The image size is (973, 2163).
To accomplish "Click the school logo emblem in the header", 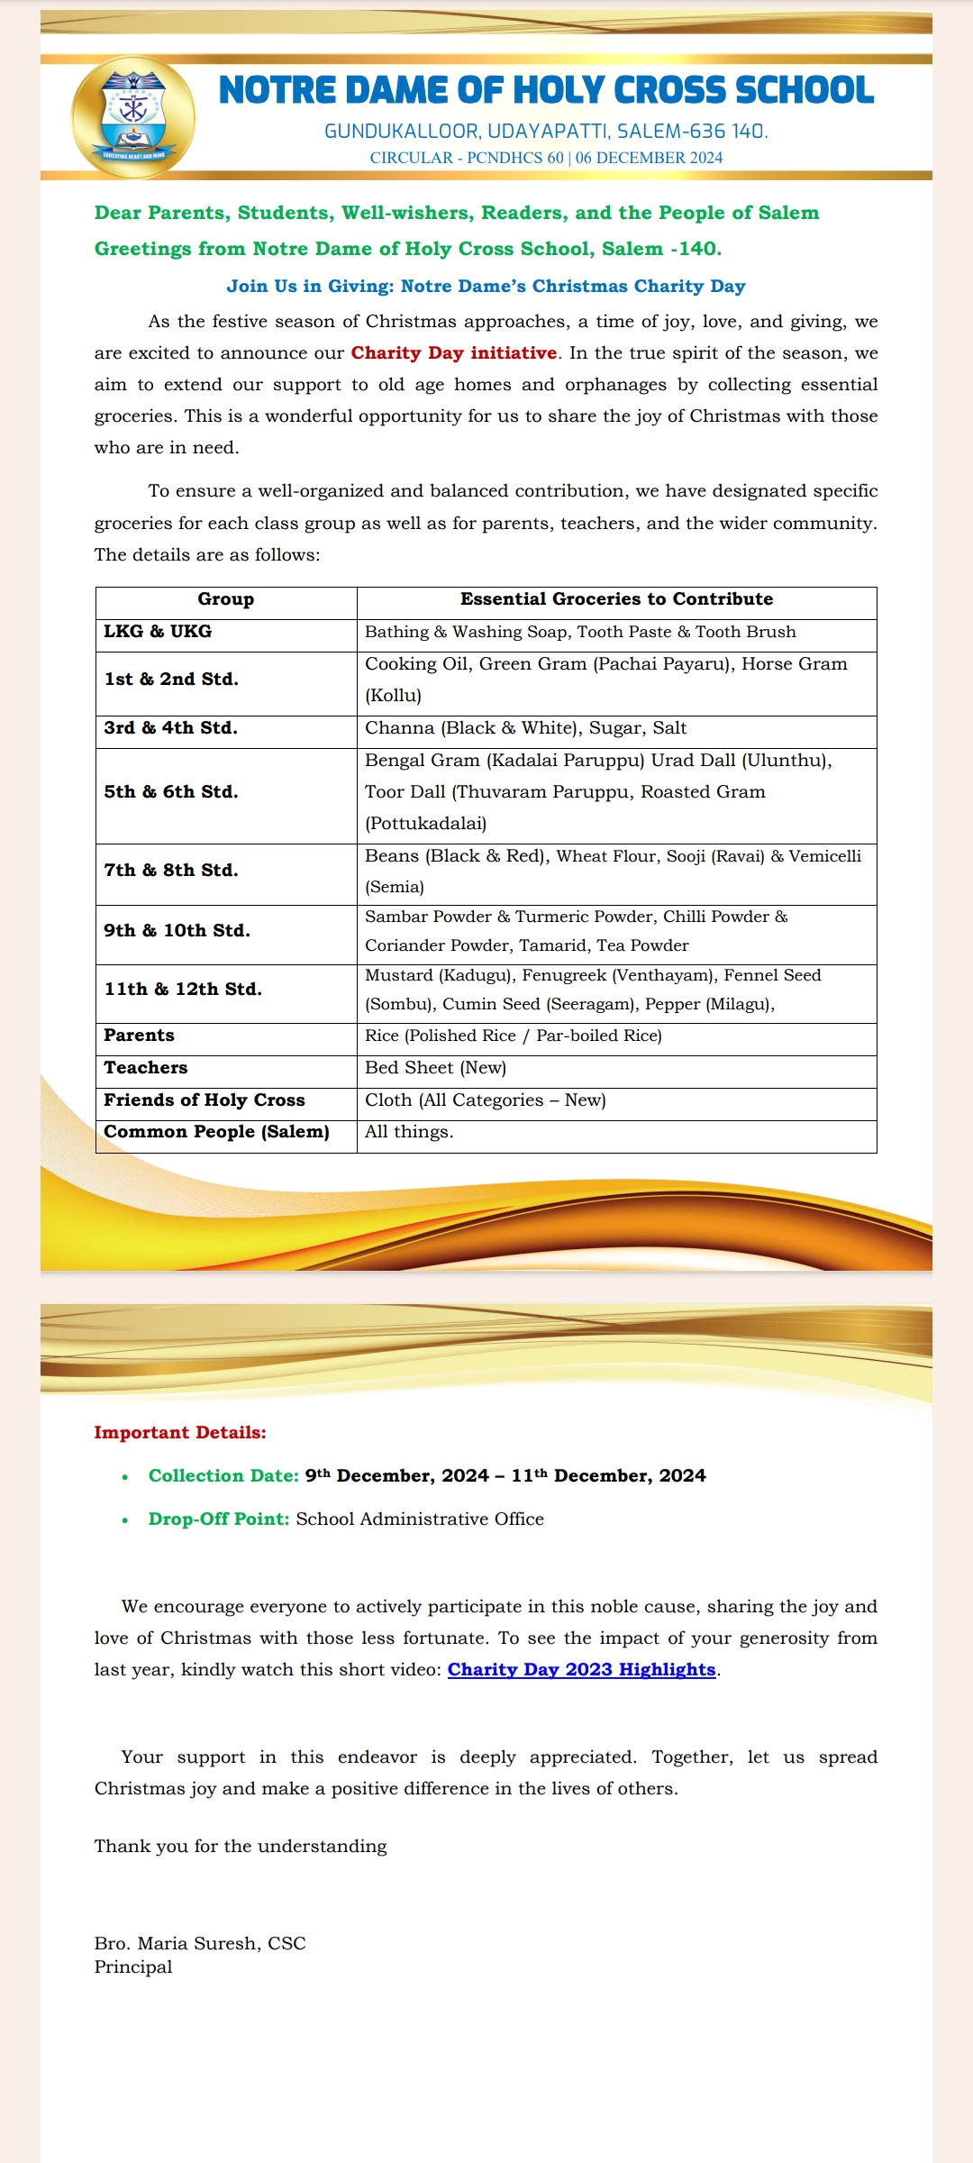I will point(133,116).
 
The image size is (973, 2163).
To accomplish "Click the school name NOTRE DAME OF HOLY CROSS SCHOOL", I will point(546,90).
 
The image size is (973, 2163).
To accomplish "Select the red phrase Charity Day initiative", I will point(454,353).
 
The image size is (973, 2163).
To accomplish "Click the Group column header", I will point(226,599).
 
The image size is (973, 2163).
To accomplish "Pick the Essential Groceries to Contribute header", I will point(616,599).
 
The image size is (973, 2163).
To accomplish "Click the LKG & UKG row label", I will point(158,632).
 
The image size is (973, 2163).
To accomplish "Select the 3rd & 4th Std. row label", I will point(170,728).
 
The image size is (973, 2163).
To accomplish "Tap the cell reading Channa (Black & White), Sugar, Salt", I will point(525,728).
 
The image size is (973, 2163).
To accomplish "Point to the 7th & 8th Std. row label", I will point(170,871).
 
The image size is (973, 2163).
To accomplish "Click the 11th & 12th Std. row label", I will point(183,990).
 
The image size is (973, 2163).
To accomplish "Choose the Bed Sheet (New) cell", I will point(435,1068).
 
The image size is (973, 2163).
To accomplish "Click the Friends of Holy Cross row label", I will point(205,1100).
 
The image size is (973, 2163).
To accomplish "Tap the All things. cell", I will point(409,1132).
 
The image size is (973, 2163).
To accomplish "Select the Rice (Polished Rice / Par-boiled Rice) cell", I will point(513,1036).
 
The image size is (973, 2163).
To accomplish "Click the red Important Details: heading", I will point(180,1433).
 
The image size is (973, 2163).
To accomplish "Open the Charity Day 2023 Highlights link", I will point(581,1669).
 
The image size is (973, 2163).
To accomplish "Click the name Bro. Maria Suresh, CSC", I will point(200,1943).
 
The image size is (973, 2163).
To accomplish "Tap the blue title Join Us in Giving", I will point(486,287).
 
